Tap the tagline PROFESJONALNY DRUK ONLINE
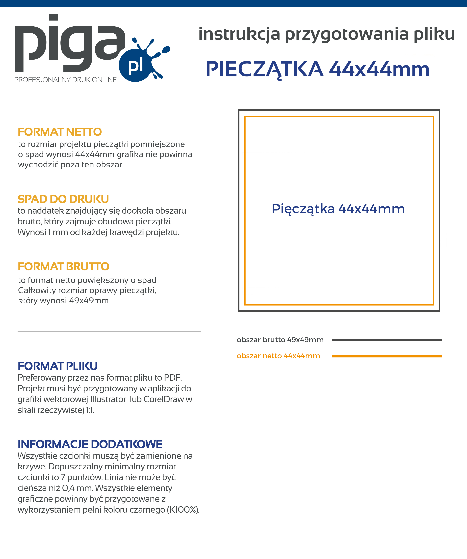click(65, 80)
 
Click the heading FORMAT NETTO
click(60, 132)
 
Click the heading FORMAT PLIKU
click(57, 366)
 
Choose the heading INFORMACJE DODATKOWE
click(90, 444)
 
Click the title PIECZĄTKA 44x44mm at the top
click(318, 70)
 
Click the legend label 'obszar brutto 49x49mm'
click(280, 340)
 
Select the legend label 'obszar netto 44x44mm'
click(278, 356)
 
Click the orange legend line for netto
click(386, 356)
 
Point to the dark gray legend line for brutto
click(386, 340)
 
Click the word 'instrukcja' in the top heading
click(239, 34)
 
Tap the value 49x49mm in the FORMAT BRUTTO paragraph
click(89, 301)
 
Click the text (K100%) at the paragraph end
click(183, 510)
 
